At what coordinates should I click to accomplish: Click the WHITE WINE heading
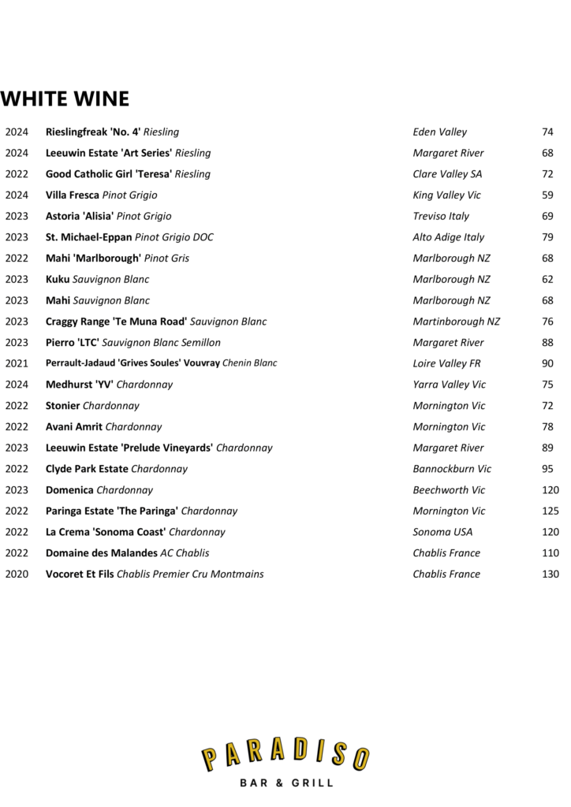pos(65,99)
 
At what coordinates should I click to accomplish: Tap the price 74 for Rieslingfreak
pos(547,132)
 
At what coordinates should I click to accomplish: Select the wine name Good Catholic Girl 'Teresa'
pos(109,174)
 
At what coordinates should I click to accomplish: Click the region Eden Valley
pos(439,132)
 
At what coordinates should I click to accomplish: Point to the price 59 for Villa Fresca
pos(547,195)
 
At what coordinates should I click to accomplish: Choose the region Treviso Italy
pos(441,216)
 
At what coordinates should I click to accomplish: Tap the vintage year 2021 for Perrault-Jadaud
pos(17,363)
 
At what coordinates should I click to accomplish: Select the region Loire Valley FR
pos(446,363)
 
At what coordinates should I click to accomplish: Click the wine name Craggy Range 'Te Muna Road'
pos(116,322)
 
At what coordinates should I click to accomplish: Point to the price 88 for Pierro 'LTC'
pos(547,343)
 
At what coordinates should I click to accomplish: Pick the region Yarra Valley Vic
pos(449,385)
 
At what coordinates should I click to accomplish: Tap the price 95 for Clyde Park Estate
pos(547,469)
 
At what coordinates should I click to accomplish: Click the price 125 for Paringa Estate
pos(550,511)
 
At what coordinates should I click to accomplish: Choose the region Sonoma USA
pos(442,532)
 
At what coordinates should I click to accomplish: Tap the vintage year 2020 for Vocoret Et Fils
pos(17,575)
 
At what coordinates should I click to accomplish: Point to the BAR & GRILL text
pos(285,783)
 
